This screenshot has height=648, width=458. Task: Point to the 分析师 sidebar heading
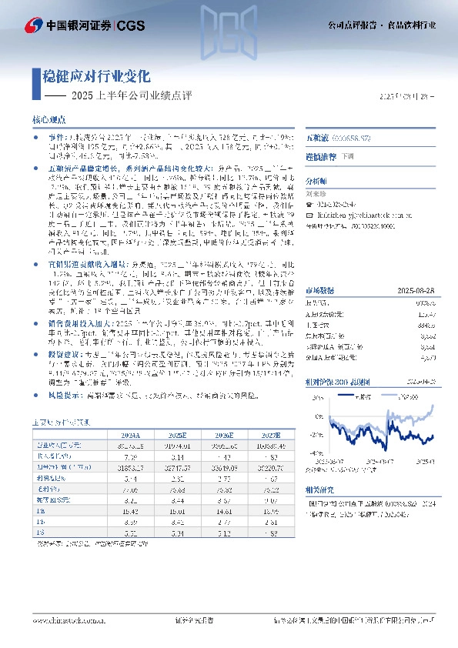316,181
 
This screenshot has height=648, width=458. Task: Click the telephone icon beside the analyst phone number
310,203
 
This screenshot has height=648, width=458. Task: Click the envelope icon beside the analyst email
310,215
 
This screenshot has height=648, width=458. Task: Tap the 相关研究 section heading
319,489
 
